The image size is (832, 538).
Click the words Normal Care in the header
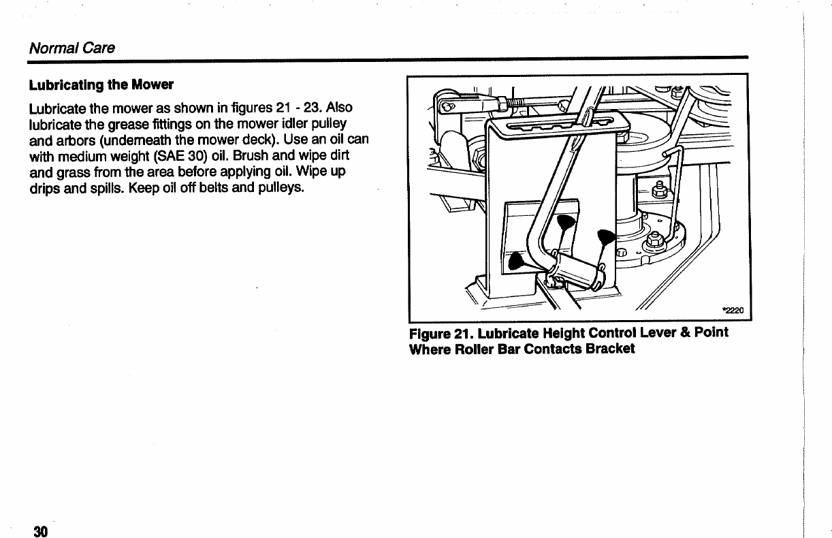(x=71, y=48)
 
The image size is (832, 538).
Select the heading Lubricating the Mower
(x=101, y=86)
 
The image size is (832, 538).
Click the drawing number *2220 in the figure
(x=734, y=311)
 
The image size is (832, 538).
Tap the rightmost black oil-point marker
(x=605, y=238)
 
